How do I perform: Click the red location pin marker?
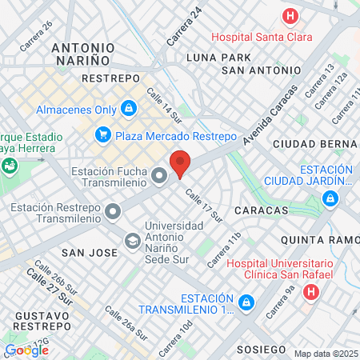(181, 163)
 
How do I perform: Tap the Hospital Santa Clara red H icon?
(289, 16)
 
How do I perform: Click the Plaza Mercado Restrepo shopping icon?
(102, 134)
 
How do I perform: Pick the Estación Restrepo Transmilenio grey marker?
(113, 212)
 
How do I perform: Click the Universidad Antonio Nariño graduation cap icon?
(131, 239)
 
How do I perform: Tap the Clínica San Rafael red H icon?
(309, 291)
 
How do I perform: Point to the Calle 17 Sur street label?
(202, 205)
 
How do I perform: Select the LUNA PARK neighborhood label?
(218, 58)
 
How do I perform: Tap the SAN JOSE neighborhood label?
(90, 252)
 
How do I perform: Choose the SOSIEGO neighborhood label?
(261, 350)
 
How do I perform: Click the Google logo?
(26, 350)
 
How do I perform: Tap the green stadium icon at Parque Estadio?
(10, 166)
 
